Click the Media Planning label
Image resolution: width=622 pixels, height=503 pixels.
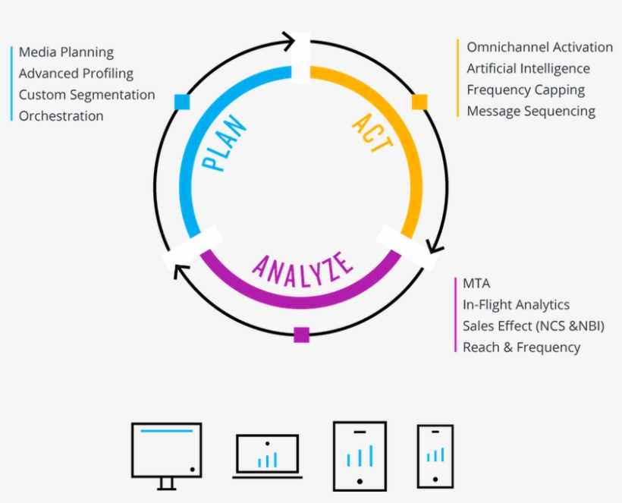(x=66, y=52)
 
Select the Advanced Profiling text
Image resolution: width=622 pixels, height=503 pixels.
(x=76, y=74)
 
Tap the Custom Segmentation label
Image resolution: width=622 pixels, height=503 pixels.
(x=86, y=95)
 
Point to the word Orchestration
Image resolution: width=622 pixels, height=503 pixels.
(x=61, y=116)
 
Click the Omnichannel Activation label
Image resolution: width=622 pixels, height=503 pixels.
(x=539, y=47)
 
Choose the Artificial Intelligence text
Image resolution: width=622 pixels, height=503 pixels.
(x=528, y=68)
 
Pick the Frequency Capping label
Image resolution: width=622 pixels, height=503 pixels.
(x=526, y=90)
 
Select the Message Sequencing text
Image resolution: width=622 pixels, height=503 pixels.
(x=531, y=111)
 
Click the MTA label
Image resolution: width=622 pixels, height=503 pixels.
(x=476, y=283)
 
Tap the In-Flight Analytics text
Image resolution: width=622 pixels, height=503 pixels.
(x=516, y=304)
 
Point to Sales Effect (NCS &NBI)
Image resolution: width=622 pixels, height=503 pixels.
(x=533, y=325)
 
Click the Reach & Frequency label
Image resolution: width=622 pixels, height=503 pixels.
(x=521, y=347)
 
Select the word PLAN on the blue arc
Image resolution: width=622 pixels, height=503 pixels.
(x=225, y=143)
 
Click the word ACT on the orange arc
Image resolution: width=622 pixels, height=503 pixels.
(x=372, y=134)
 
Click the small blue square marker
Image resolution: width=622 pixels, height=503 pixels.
(x=181, y=102)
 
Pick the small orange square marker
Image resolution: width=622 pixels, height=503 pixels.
(x=419, y=102)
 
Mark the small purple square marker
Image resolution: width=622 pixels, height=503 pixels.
(x=301, y=335)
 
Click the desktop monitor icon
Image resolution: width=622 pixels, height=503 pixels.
(x=166, y=454)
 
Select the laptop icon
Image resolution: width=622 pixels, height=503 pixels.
(x=267, y=455)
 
